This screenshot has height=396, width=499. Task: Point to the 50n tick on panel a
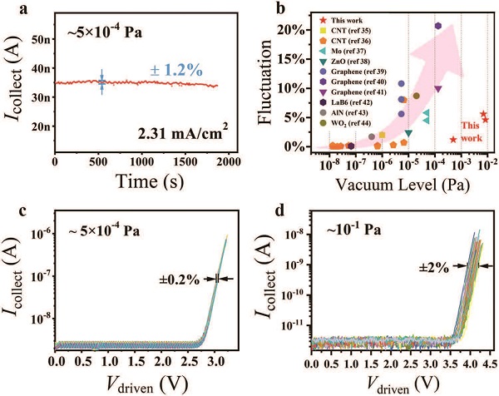pyautogui.click(x=40, y=39)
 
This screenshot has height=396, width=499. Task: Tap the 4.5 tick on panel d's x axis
pyautogui.click(x=490, y=364)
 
